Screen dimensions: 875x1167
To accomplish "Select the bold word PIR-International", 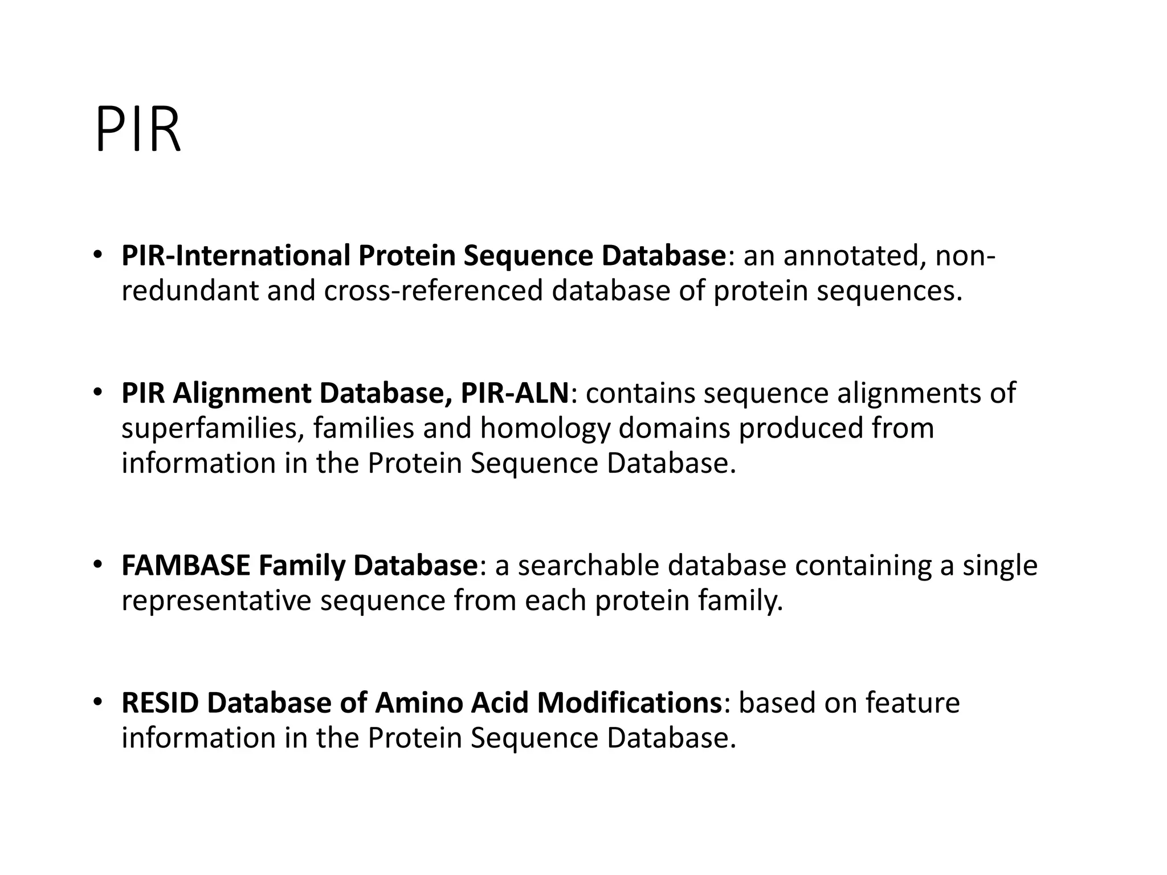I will point(235,256).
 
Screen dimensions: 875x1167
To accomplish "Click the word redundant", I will point(190,291).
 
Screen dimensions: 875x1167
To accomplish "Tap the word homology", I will point(545,428).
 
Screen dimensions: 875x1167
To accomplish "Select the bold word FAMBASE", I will point(186,566).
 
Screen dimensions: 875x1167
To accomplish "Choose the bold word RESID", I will point(160,703).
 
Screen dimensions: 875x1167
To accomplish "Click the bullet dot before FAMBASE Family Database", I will point(98,564).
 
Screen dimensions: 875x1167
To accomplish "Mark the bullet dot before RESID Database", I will point(98,701).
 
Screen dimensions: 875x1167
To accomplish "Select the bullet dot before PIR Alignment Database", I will point(98,392).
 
